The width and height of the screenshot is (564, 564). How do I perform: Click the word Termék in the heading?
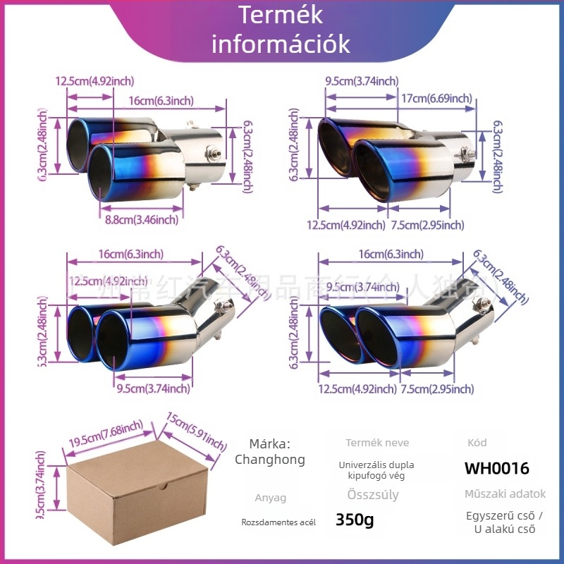coord(281,16)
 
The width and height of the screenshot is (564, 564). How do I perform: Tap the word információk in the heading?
coord(281,44)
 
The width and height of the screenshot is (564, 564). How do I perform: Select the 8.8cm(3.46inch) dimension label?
coord(142,220)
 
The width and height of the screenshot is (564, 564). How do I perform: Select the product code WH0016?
coord(496,468)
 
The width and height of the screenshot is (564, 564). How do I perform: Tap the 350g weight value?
coord(355,521)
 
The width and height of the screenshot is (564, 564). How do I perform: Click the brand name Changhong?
coord(270,460)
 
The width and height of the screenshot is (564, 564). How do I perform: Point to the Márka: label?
coord(270,443)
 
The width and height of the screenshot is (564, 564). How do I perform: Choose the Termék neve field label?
coord(377,443)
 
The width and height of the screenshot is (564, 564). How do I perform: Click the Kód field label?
coord(477,443)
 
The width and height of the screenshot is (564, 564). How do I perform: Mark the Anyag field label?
coord(271,498)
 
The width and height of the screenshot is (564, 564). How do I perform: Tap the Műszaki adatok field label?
coord(505,494)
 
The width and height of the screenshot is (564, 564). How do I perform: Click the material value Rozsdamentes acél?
coord(278,522)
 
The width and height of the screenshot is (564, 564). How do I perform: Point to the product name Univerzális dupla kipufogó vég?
coord(376,470)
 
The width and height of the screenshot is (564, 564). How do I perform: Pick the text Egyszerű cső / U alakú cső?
coord(505,522)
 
